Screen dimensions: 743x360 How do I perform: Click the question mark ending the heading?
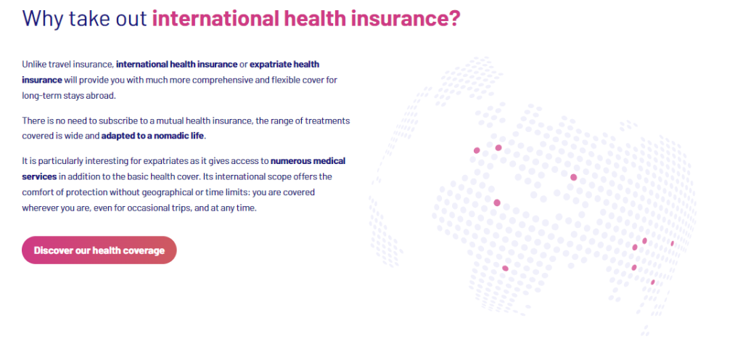[x=454, y=18]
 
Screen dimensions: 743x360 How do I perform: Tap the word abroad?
[x=102, y=95]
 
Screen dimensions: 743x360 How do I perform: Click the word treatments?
[x=328, y=120]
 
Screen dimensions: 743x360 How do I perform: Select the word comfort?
[x=37, y=192]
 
